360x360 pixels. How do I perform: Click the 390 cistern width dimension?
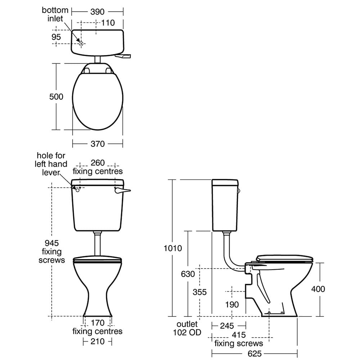pyautogui.click(x=97, y=12)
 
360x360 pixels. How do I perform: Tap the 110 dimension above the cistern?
pyautogui.click(x=108, y=23)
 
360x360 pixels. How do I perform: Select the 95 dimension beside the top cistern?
pyautogui.click(x=56, y=37)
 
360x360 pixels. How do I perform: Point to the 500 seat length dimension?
pyautogui.click(x=56, y=96)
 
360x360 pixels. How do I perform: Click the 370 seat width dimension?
pyautogui.click(x=97, y=144)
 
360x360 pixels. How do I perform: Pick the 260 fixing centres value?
pyautogui.click(x=97, y=163)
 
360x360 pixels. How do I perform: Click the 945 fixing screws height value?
pyautogui.click(x=52, y=244)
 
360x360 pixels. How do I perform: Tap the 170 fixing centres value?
pyautogui.click(x=97, y=323)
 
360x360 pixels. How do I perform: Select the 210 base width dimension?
pyautogui.click(x=97, y=341)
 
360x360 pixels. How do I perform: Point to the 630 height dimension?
pyautogui.click(x=188, y=274)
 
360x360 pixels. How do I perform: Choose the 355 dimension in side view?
pyautogui.click(x=199, y=292)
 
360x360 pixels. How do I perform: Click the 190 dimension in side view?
pyautogui.click(x=231, y=305)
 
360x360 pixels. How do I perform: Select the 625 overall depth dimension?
pyautogui.click(x=254, y=354)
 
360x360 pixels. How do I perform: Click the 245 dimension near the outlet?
pyautogui.click(x=226, y=326)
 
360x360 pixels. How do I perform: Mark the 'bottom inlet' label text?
pyautogui.click(x=52, y=14)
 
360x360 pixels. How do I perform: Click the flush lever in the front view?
pyautogui.click(x=122, y=191)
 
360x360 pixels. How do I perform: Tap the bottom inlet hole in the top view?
pyautogui.click(x=82, y=44)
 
